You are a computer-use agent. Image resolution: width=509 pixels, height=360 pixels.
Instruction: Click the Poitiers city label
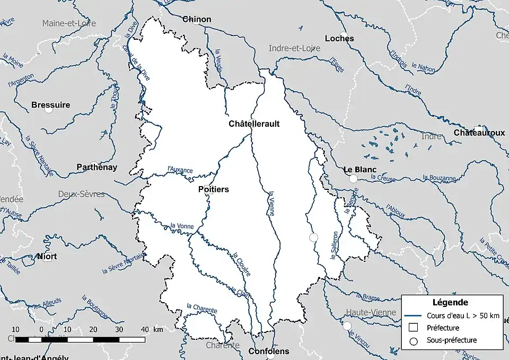coord(213,189)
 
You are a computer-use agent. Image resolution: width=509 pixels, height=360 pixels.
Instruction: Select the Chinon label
coord(197,19)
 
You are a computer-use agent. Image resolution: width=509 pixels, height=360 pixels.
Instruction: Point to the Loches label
coord(339,38)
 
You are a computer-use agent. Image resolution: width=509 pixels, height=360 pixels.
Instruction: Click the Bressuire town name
coord(50,105)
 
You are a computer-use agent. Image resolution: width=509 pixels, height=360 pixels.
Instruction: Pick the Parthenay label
coord(96,167)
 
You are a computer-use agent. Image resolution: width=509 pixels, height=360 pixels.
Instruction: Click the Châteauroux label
coord(479,133)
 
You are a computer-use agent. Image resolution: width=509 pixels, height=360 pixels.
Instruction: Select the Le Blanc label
coord(359,170)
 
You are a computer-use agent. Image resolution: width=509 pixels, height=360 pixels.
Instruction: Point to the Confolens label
coord(269,351)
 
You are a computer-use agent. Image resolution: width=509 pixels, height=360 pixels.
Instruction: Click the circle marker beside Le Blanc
coord(353,179)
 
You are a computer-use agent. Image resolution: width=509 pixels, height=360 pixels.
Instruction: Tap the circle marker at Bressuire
coord(49,110)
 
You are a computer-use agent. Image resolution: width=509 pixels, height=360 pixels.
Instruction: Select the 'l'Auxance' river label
coord(180,170)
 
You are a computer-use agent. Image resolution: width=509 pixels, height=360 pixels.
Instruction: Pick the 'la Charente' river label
coord(201,308)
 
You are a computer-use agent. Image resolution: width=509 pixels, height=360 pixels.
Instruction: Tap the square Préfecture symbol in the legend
coord(414,328)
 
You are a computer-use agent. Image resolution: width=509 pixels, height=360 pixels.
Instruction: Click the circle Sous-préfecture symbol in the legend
coord(414,340)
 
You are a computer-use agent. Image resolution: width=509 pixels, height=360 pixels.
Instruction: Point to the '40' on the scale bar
coord(144,329)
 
